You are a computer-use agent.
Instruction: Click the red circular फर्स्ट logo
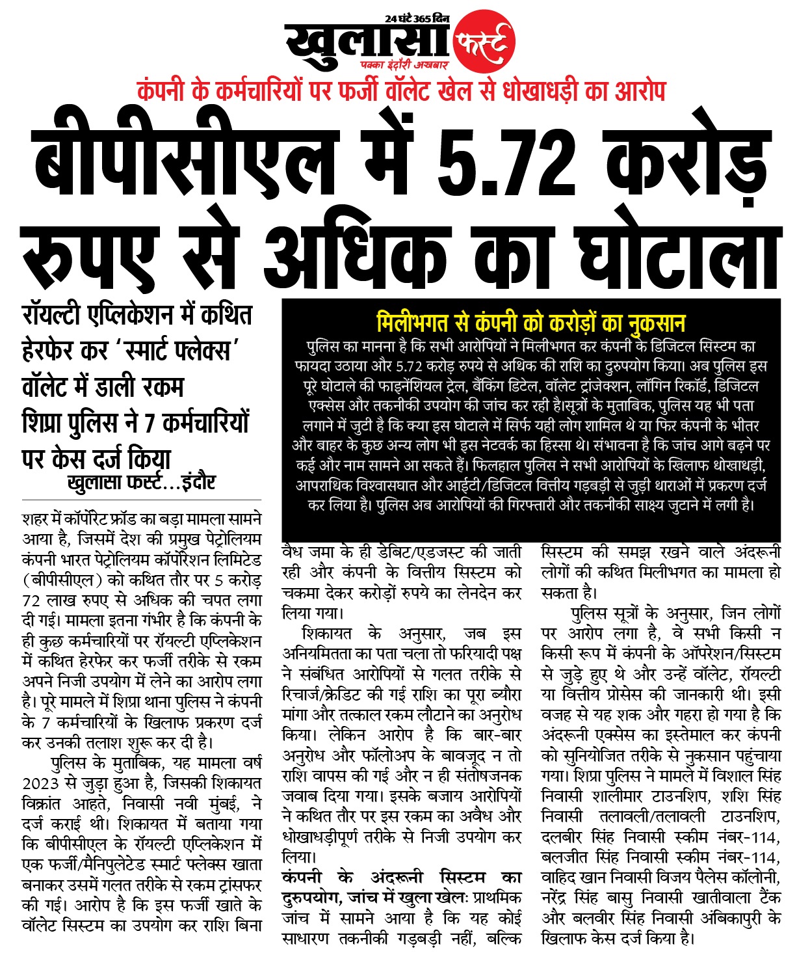(484, 42)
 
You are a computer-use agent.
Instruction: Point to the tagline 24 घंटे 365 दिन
(417, 19)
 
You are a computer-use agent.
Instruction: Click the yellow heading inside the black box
(530, 323)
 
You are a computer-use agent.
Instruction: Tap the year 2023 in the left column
(40, 783)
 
